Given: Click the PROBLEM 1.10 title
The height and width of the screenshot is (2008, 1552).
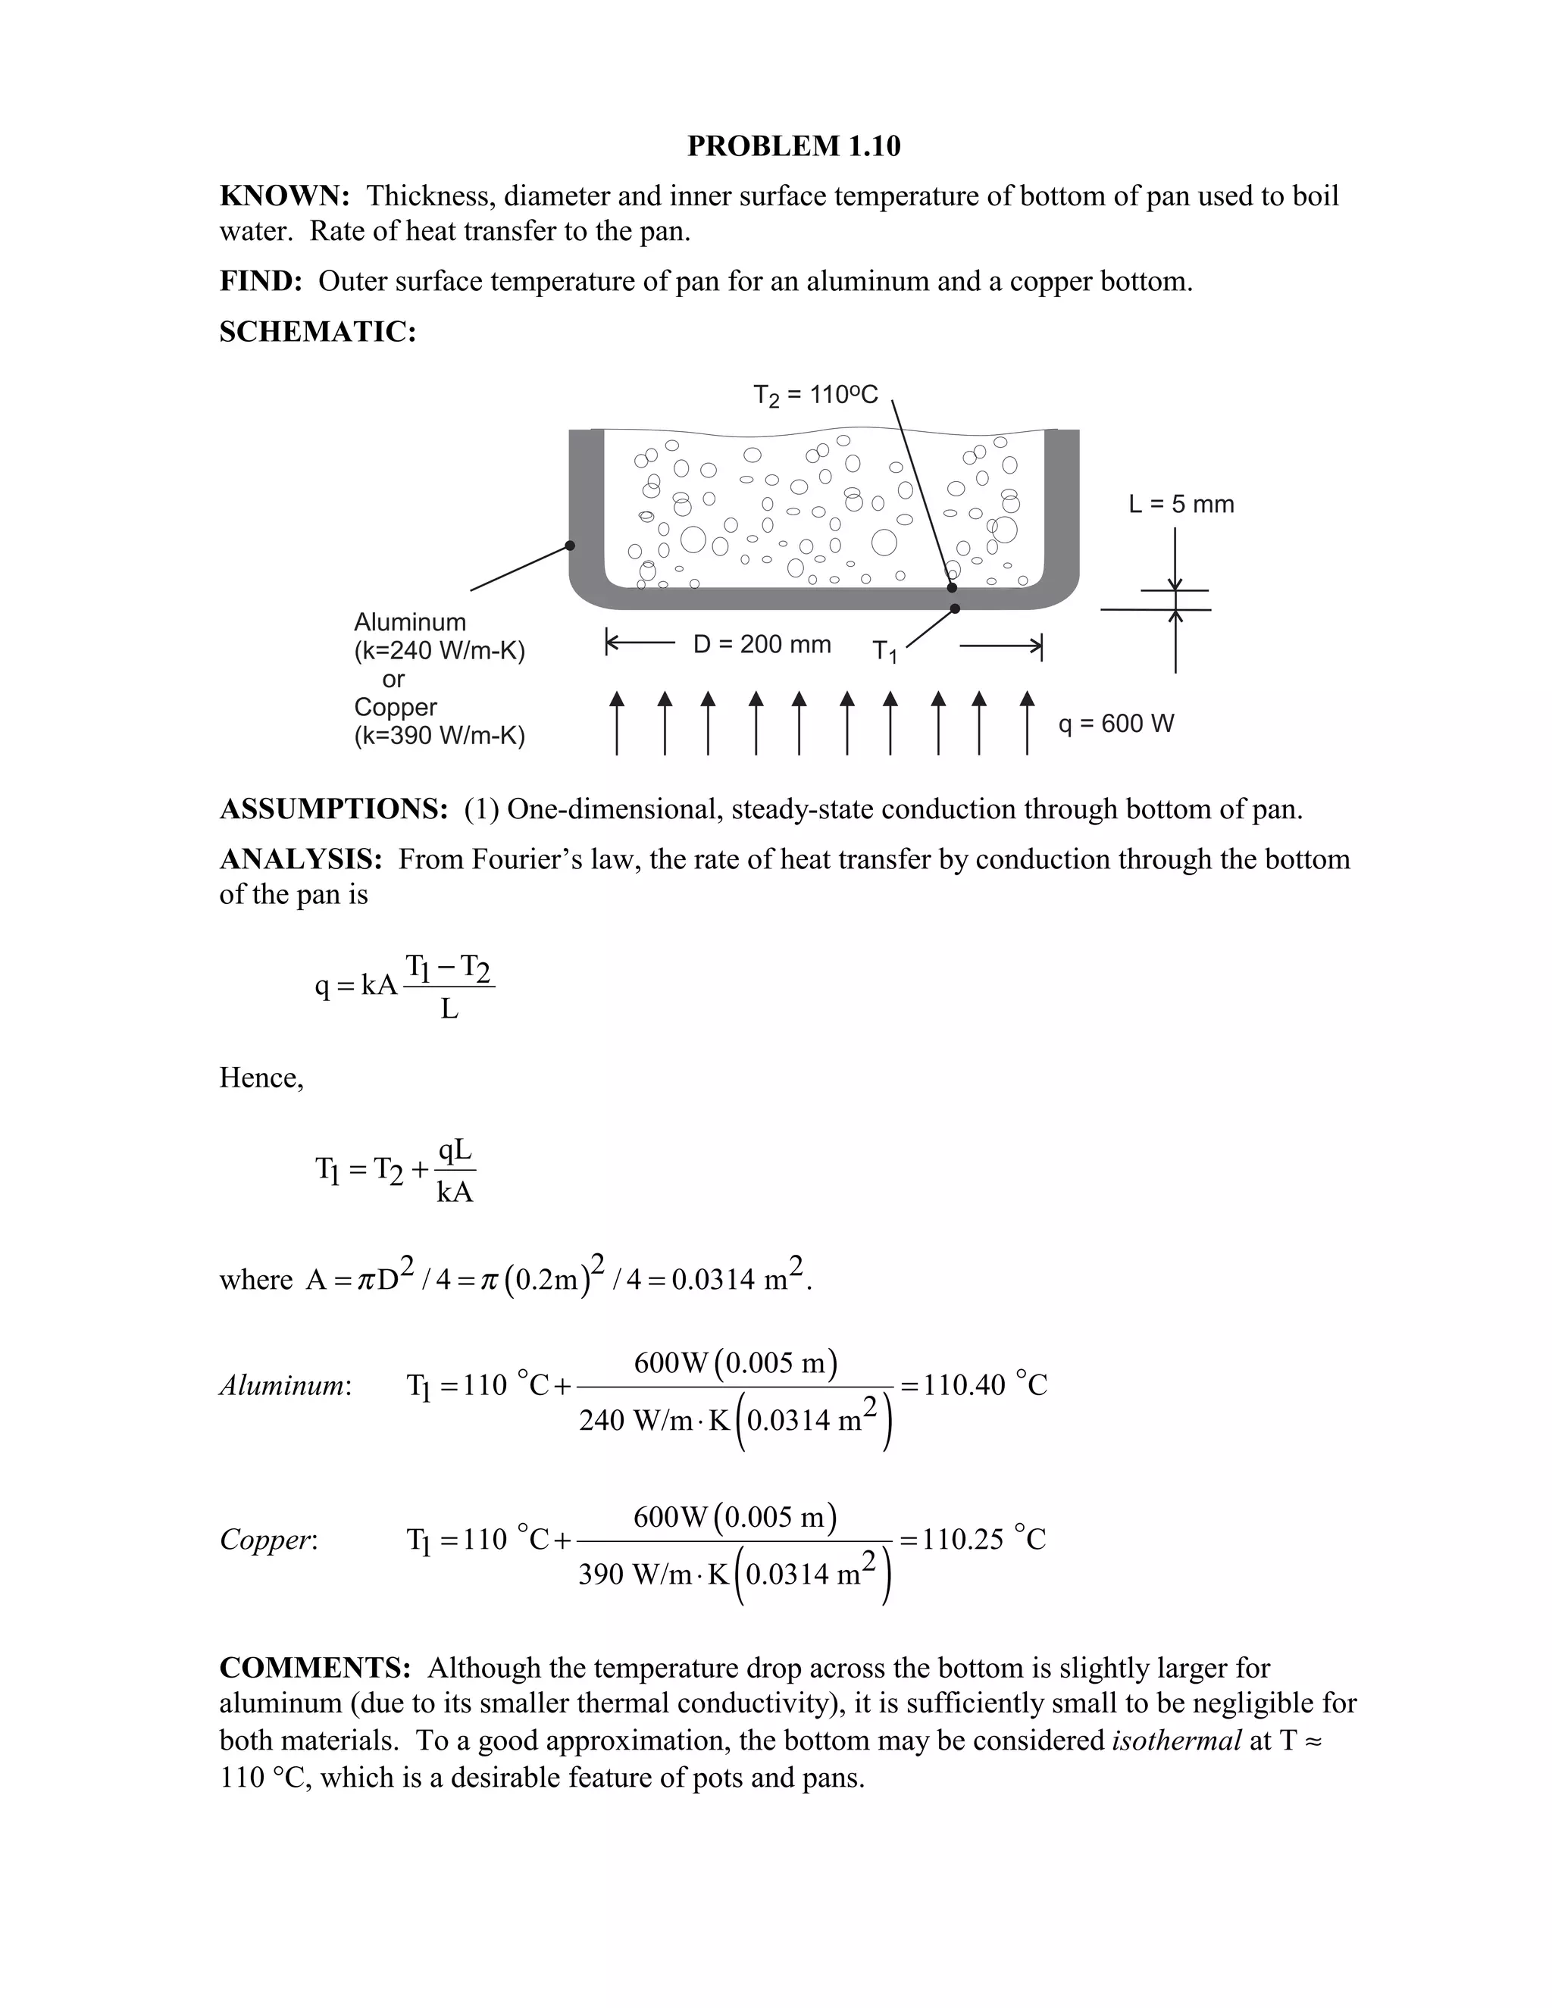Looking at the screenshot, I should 793,146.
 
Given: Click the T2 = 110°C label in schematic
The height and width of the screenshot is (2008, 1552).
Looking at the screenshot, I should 815,396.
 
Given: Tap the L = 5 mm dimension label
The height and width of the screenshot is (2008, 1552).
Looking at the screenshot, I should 1181,504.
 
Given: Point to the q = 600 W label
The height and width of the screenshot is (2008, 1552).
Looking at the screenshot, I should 1116,724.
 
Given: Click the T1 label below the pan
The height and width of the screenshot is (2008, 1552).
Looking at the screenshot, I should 884,652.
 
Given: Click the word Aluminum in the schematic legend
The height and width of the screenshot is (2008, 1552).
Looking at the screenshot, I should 410,622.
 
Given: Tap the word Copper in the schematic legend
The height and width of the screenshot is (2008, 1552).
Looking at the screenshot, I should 396,707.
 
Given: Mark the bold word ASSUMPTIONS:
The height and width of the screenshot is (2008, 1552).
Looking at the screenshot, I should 333,809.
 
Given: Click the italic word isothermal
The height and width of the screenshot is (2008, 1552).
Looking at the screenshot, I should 1176,1741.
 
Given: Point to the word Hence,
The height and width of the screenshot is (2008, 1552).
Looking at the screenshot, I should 261,1078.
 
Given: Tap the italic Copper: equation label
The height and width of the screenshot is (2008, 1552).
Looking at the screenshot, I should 268,1540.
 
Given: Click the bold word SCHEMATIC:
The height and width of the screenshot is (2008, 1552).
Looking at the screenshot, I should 318,332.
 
